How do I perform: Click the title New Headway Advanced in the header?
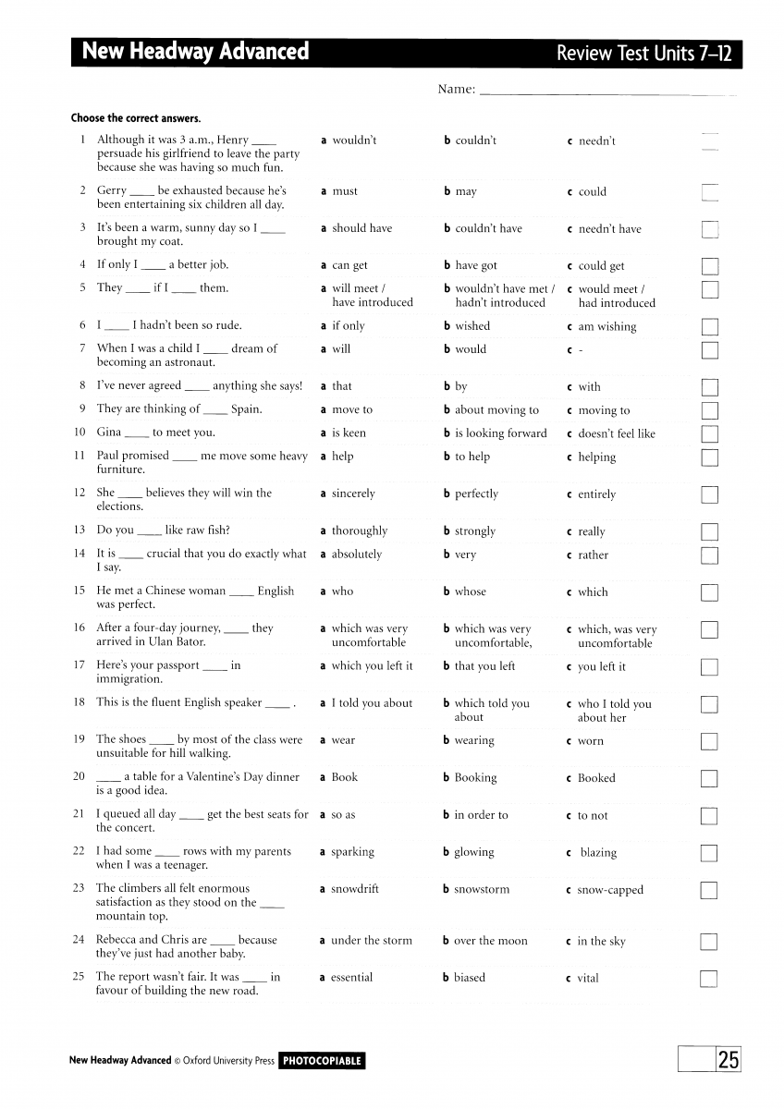click(x=195, y=52)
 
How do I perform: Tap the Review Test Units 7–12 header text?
click(x=643, y=54)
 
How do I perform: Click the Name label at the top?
click(x=457, y=90)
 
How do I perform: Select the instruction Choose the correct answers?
click(x=136, y=118)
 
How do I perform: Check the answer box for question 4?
click(x=709, y=266)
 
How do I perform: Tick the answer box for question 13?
click(x=709, y=531)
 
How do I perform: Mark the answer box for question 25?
click(x=709, y=979)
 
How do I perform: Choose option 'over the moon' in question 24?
click(x=490, y=941)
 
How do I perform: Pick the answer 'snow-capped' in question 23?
click(x=609, y=890)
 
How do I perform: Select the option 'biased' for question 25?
click(x=469, y=978)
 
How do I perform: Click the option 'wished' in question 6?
click(x=472, y=326)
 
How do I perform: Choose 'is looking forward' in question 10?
click(x=500, y=433)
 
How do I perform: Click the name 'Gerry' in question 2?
click(x=112, y=191)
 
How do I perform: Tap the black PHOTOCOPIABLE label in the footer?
click(x=322, y=1061)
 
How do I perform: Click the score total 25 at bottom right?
click(x=729, y=1060)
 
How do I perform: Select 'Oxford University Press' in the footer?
click(x=230, y=1061)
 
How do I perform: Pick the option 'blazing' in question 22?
click(x=598, y=853)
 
